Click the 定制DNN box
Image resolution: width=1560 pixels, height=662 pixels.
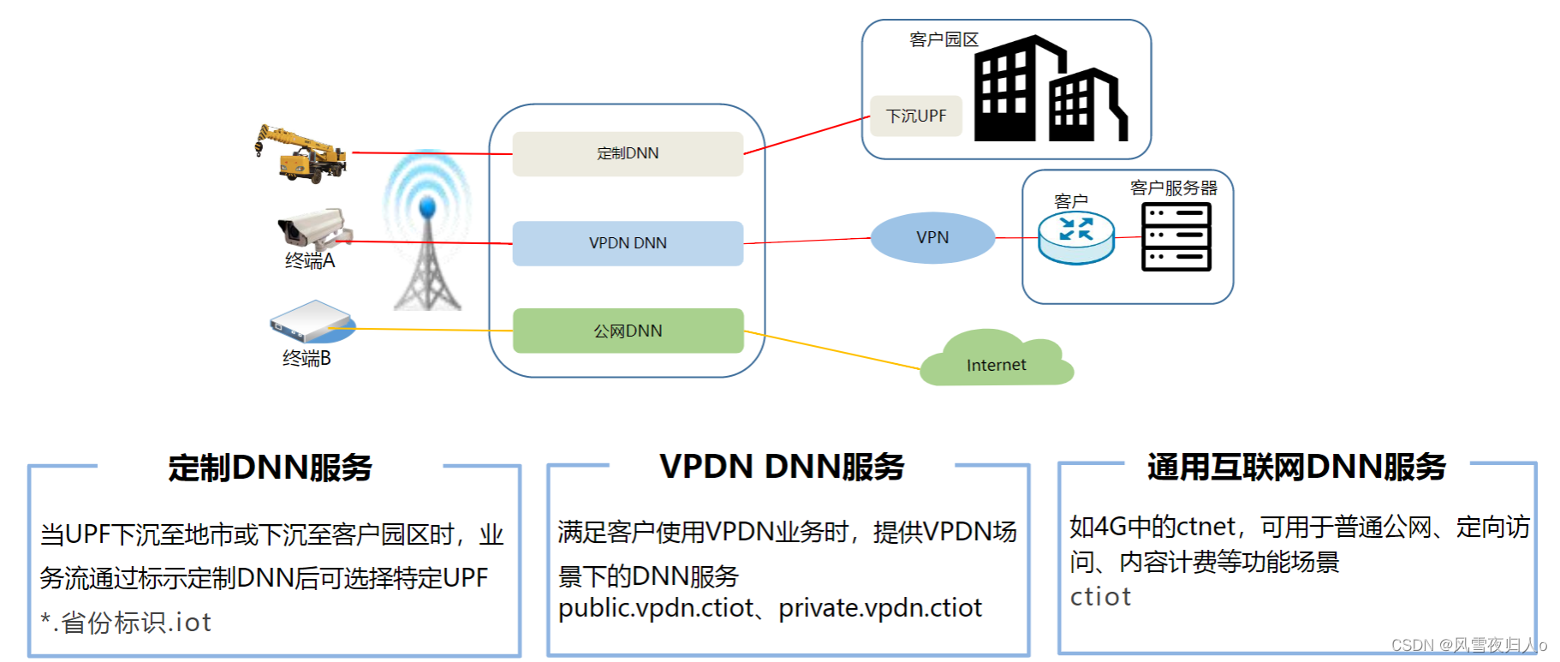coord(628,154)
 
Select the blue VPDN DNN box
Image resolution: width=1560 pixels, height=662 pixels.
coord(628,243)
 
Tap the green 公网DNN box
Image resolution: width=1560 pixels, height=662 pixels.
coord(628,331)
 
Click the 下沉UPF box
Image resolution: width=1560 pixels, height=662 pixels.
coord(915,116)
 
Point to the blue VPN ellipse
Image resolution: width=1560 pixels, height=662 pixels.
coord(932,237)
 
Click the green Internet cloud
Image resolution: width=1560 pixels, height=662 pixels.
coord(996,361)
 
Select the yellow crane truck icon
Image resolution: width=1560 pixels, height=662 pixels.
coord(302,154)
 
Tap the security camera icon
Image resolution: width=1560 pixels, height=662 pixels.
coord(313,228)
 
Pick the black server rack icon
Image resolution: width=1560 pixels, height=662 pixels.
coord(1176,237)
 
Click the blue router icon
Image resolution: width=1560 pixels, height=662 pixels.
coord(1076,237)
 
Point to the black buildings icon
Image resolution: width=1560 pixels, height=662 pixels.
coord(1049,90)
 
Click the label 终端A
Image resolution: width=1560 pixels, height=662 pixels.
coord(310,261)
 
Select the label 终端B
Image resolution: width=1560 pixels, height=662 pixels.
coord(307,359)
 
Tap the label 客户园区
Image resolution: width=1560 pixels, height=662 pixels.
coord(944,39)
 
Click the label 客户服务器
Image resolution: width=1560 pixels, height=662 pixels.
coord(1173,188)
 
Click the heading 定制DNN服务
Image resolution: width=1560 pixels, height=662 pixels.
coord(271,468)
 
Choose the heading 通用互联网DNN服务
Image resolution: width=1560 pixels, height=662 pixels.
coord(1296,467)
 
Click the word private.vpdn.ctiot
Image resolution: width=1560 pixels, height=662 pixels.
coord(880,608)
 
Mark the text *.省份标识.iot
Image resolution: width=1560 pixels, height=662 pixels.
coord(126,623)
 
